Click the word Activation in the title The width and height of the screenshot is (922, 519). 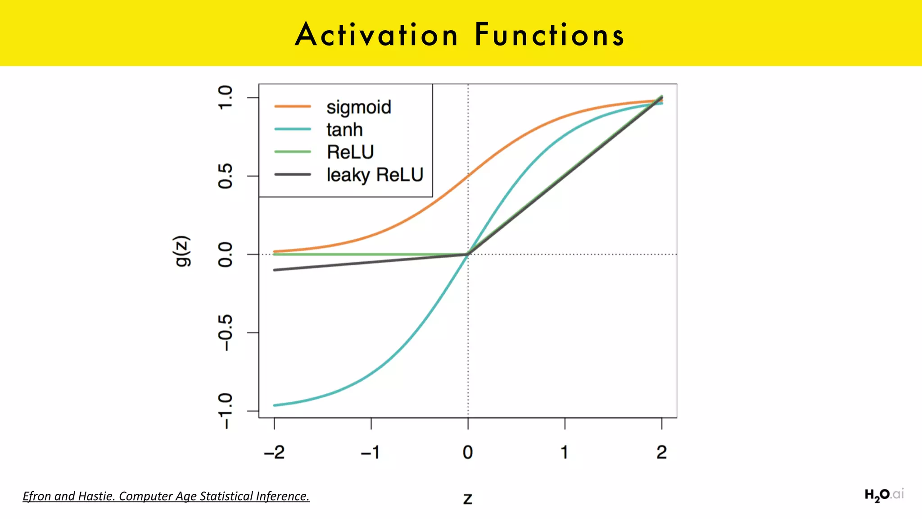pos(376,35)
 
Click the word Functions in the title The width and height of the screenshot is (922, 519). pos(549,35)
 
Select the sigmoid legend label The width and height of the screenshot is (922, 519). pos(359,107)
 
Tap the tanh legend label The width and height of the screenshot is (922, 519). pos(344,130)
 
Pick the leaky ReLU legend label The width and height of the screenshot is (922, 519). pos(375,175)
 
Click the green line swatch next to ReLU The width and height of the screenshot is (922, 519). pos(293,152)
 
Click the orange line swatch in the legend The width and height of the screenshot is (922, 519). pos(293,106)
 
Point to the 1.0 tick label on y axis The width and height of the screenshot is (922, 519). pos(225,97)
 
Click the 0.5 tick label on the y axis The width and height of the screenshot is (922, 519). pos(225,176)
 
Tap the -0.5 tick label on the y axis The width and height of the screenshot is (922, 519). pos(225,332)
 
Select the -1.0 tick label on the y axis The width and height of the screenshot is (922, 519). pos(225,411)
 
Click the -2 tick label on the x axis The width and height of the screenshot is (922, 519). pos(274,452)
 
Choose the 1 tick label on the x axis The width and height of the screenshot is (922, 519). pos(565,452)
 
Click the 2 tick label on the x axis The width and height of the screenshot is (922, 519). pos(661,452)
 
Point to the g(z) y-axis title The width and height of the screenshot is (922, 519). pos(183,251)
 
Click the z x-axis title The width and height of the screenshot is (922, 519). pos(468,499)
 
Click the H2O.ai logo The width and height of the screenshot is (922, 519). pos(884,495)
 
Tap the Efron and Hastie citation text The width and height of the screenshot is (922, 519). pos(166,496)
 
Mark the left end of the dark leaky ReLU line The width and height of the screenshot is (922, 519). pos(275,270)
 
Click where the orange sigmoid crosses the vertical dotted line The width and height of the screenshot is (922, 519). pos(468,176)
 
